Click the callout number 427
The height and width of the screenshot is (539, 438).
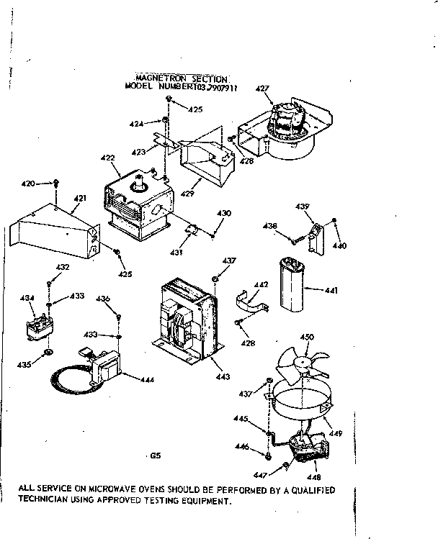coord(262,89)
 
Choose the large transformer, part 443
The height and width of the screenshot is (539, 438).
coord(185,317)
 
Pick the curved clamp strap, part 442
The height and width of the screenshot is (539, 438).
coord(250,299)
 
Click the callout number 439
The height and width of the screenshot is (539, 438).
coord(303,207)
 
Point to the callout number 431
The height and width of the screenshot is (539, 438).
coord(176,253)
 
